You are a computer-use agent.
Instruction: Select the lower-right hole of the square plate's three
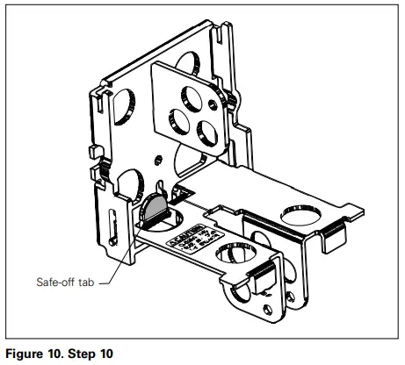208,131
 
